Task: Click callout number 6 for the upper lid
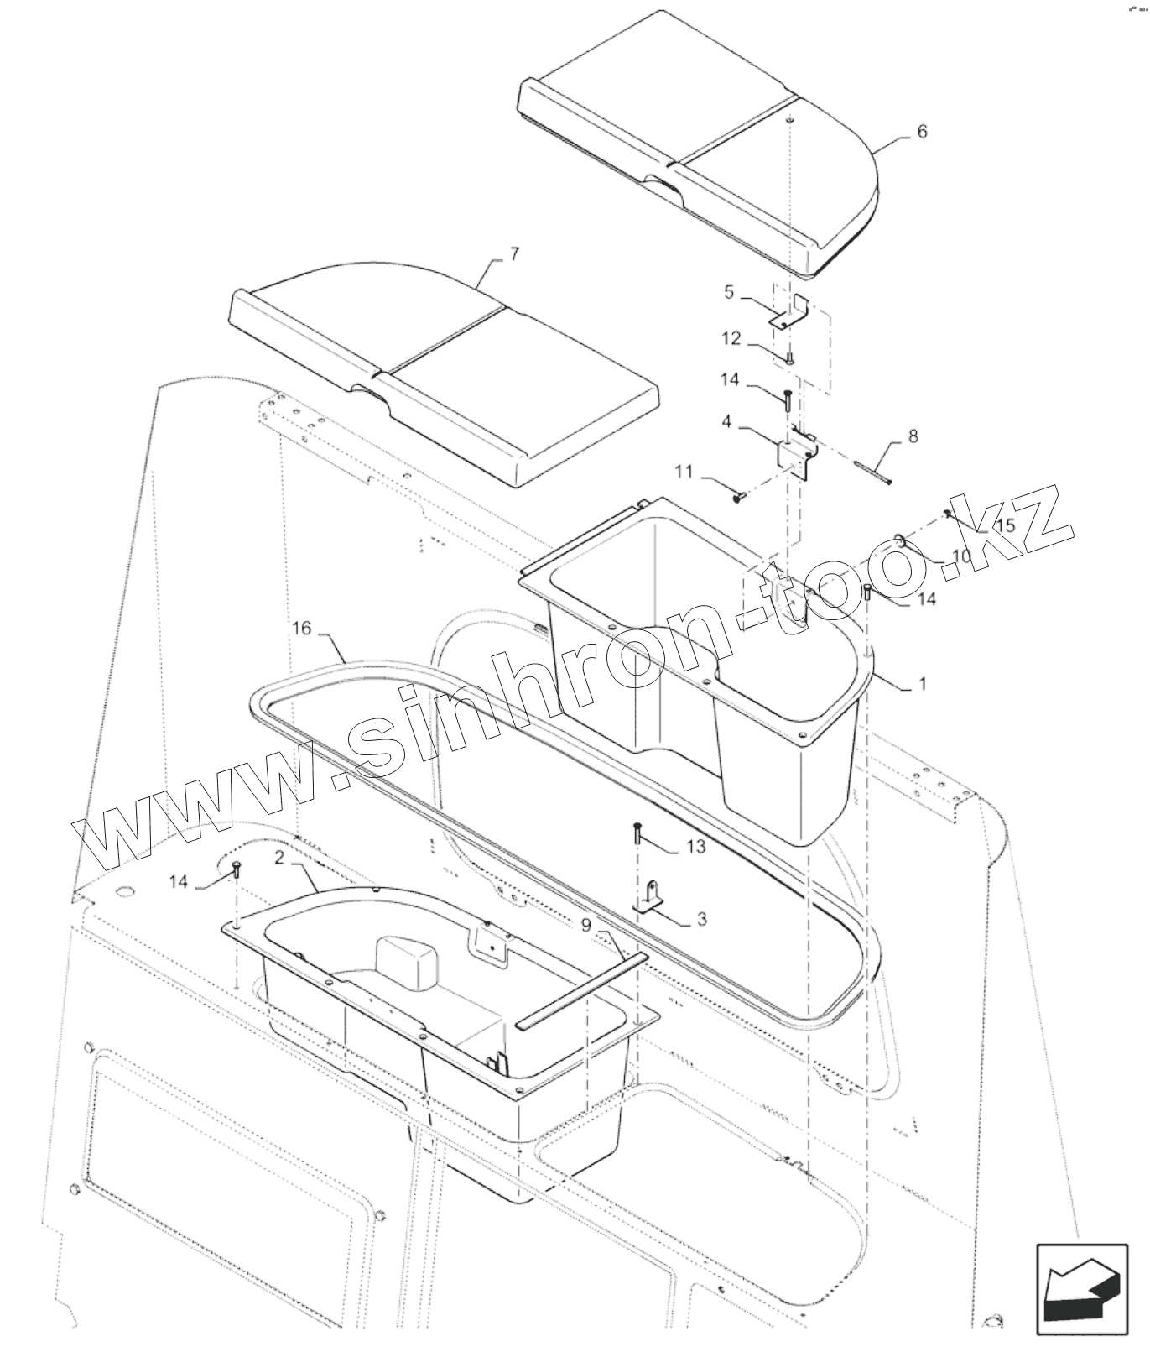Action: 923,132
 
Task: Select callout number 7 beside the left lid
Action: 514,253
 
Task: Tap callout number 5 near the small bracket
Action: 729,292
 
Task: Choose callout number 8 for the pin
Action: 913,436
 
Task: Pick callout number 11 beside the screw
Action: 684,472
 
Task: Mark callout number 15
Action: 1005,525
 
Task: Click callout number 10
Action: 961,556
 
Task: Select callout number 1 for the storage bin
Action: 923,684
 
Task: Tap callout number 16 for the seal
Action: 302,628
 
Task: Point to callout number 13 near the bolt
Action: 696,847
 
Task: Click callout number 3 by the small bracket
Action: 702,919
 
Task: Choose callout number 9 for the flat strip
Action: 585,924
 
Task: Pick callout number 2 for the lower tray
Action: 278,858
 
